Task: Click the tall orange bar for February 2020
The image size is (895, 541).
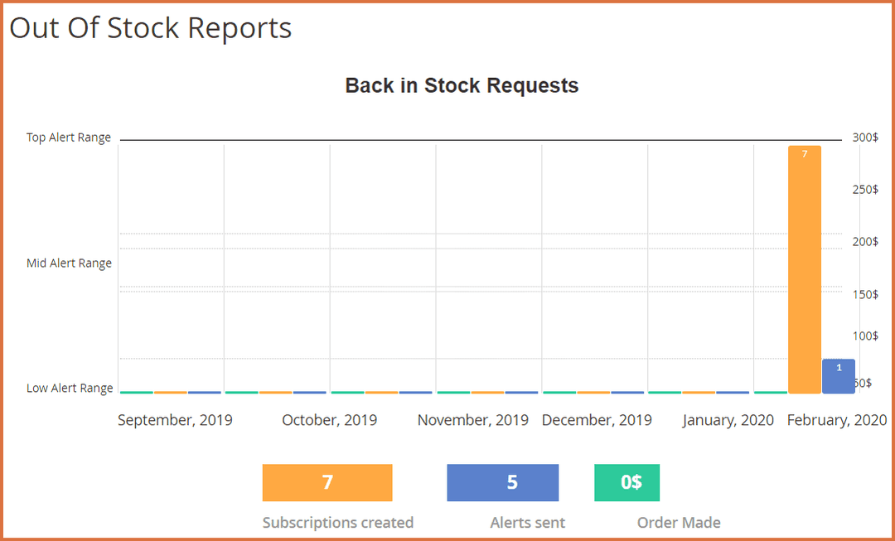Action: pyautogui.click(x=804, y=269)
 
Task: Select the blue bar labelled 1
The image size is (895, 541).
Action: pyautogui.click(x=838, y=376)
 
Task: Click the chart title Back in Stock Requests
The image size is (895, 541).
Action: pyautogui.click(x=462, y=85)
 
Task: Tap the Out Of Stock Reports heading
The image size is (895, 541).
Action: pyautogui.click(x=151, y=27)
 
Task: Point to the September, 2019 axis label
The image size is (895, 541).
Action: pyautogui.click(x=175, y=420)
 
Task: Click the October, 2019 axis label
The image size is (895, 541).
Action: pyautogui.click(x=329, y=420)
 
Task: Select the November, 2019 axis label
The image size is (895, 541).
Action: pyautogui.click(x=472, y=420)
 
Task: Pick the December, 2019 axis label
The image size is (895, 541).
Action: pyautogui.click(x=597, y=420)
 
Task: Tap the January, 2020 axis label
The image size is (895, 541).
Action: pyautogui.click(x=728, y=420)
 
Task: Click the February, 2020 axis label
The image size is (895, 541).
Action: pyautogui.click(x=836, y=420)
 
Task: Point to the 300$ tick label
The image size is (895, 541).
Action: pyautogui.click(x=865, y=138)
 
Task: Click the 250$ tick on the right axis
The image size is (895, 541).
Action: pyautogui.click(x=865, y=190)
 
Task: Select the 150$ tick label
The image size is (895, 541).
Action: pyautogui.click(x=865, y=295)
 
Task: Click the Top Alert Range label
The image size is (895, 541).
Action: pyautogui.click(x=69, y=138)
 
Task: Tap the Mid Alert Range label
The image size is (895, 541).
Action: pyautogui.click(x=69, y=263)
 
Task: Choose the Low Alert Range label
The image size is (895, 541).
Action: pyautogui.click(x=70, y=388)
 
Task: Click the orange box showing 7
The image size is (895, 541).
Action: pyautogui.click(x=327, y=482)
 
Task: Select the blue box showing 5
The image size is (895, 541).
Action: pyautogui.click(x=503, y=482)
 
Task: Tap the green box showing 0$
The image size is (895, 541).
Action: pyautogui.click(x=627, y=482)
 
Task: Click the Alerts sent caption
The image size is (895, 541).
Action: pyautogui.click(x=528, y=523)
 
